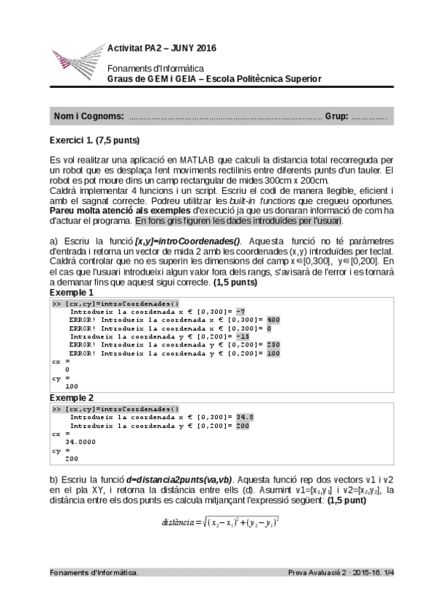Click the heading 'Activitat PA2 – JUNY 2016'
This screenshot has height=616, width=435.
[x=161, y=49]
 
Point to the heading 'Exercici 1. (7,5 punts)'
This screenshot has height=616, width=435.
[x=94, y=140]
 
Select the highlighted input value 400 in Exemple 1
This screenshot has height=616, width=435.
[x=272, y=319]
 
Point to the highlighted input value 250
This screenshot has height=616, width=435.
[x=272, y=344]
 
